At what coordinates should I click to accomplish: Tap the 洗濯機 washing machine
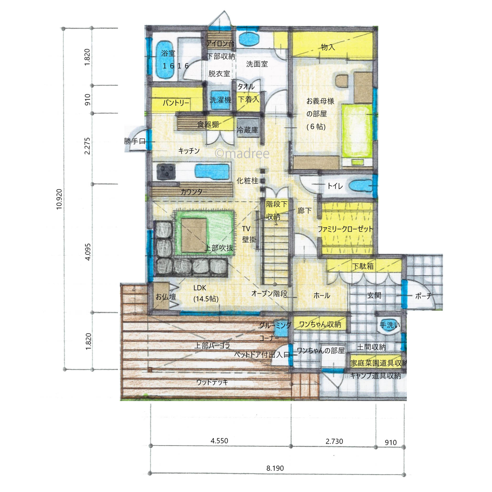pyautogui.click(x=220, y=100)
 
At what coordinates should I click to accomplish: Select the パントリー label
pyautogui.click(x=176, y=103)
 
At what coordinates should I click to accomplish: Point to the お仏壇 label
pyautogui.click(x=166, y=297)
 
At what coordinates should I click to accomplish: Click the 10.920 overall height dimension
pyautogui.click(x=59, y=199)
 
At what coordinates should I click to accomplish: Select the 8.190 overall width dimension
pyautogui.click(x=275, y=468)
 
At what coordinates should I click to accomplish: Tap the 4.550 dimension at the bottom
pyautogui.click(x=219, y=441)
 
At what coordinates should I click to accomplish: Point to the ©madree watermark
pyautogui.click(x=242, y=153)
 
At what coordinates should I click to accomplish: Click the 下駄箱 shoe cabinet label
pyautogui.click(x=363, y=266)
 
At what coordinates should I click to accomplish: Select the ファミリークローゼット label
pyautogui.click(x=345, y=229)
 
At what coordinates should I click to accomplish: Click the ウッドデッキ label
pyautogui.click(x=212, y=382)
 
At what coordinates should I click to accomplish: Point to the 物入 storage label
pyautogui.click(x=328, y=47)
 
